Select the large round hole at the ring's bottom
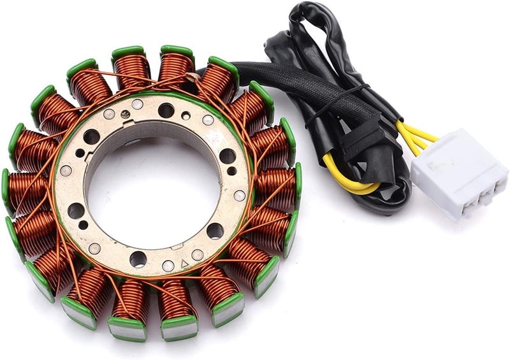pos(138,259)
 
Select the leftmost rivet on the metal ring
pos(66,171)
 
